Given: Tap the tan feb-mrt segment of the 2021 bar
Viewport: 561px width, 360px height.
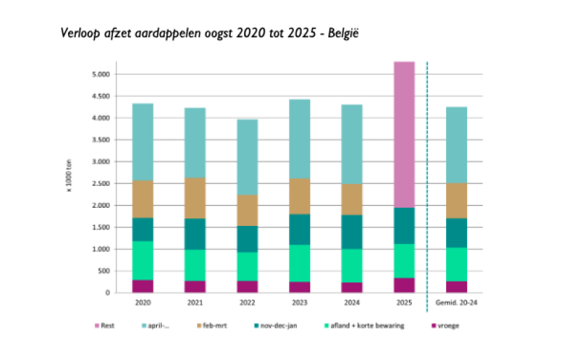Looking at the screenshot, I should [195, 198].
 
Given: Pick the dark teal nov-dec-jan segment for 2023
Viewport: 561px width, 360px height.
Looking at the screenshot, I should [299, 229].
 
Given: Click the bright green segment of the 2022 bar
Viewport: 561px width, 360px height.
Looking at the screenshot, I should [247, 267].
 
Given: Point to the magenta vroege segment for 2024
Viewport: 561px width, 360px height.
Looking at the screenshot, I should [351, 287].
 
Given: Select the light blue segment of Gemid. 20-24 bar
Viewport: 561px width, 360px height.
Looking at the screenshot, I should [457, 145].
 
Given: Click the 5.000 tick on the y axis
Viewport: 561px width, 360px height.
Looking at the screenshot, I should [101, 74].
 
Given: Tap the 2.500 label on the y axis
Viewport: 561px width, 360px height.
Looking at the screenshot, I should [101, 184].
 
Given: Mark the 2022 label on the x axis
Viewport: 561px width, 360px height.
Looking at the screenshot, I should [247, 302].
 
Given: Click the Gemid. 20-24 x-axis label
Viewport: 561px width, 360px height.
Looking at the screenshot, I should [457, 302].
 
